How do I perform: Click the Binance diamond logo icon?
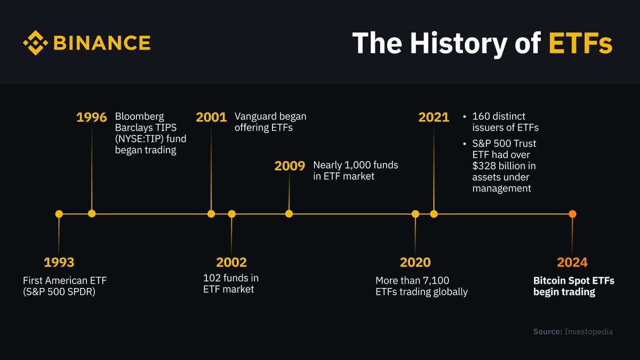click(x=36, y=43)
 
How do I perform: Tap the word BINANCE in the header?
click(x=102, y=43)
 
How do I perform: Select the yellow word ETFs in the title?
click(x=580, y=43)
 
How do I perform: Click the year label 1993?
click(x=59, y=262)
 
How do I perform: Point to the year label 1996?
click(x=92, y=117)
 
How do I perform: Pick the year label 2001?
click(x=211, y=117)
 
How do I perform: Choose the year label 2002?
click(x=231, y=262)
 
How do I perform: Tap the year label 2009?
click(x=290, y=166)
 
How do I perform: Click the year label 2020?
click(x=415, y=262)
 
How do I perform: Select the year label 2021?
click(x=434, y=117)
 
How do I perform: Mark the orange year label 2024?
click(x=572, y=262)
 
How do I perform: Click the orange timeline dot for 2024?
click(x=572, y=214)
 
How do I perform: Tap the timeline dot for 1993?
click(x=59, y=214)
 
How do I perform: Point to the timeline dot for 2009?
click(x=289, y=214)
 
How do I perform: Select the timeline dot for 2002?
click(x=231, y=214)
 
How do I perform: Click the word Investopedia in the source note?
click(x=589, y=332)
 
